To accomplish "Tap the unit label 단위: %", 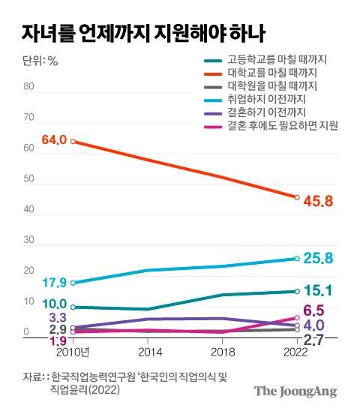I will (37, 61).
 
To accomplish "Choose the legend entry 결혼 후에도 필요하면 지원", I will (283, 127).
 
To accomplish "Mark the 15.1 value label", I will (317, 291).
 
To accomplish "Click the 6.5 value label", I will (313, 310).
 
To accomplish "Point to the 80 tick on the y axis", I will (29, 86).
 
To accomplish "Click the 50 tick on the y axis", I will (29, 179).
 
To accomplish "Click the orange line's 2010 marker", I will (72, 140).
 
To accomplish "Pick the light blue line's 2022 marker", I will (297, 259).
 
